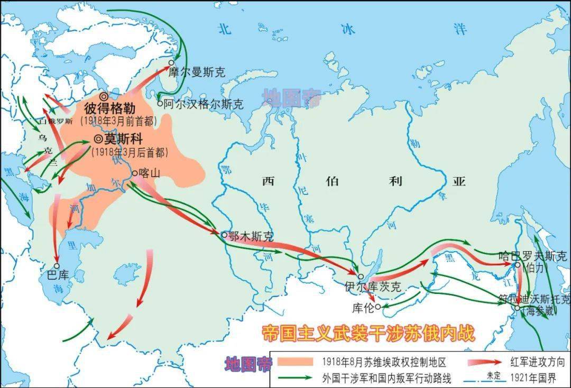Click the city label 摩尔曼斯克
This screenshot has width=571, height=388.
tap(197, 72)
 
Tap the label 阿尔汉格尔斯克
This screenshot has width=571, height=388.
tap(204, 104)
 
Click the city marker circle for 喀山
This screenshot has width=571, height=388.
tap(135, 172)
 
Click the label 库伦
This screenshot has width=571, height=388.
tap(365, 307)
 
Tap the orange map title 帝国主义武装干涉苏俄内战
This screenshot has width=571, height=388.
tap(369, 334)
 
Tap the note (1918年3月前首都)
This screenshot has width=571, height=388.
tap(119, 121)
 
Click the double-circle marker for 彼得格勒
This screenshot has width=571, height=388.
tap(104, 96)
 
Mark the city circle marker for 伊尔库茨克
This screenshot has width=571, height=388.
tap(361, 276)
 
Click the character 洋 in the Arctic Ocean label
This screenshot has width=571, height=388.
tap(460, 29)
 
